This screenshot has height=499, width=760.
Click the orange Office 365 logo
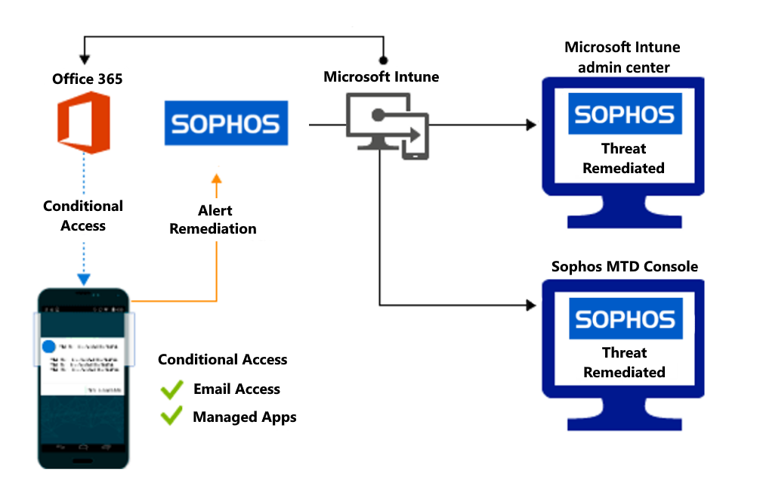(x=84, y=122)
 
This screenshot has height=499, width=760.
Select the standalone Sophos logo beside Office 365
(x=226, y=122)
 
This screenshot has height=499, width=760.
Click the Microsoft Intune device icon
(x=387, y=126)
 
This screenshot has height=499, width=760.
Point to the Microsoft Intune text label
(x=381, y=77)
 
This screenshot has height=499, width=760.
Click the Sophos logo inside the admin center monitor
(x=624, y=113)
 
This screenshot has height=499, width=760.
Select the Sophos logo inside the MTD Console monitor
(x=624, y=319)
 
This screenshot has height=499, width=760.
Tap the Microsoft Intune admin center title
(x=623, y=57)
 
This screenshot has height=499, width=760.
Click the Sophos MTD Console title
(x=625, y=266)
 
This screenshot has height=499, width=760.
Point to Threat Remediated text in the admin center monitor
(x=624, y=158)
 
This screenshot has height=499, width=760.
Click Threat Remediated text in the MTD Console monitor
(x=624, y=362)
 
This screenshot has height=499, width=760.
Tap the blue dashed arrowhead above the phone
(x=84, y=280)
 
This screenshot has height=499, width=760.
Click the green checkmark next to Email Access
(x=171, y=389)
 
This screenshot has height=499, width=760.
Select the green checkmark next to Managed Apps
(x=171, y=417)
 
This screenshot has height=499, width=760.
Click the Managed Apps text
(x=245, y=417)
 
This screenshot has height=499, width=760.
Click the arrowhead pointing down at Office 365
(x=85, y=59)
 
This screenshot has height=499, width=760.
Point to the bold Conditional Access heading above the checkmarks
(x=222, y=360)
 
